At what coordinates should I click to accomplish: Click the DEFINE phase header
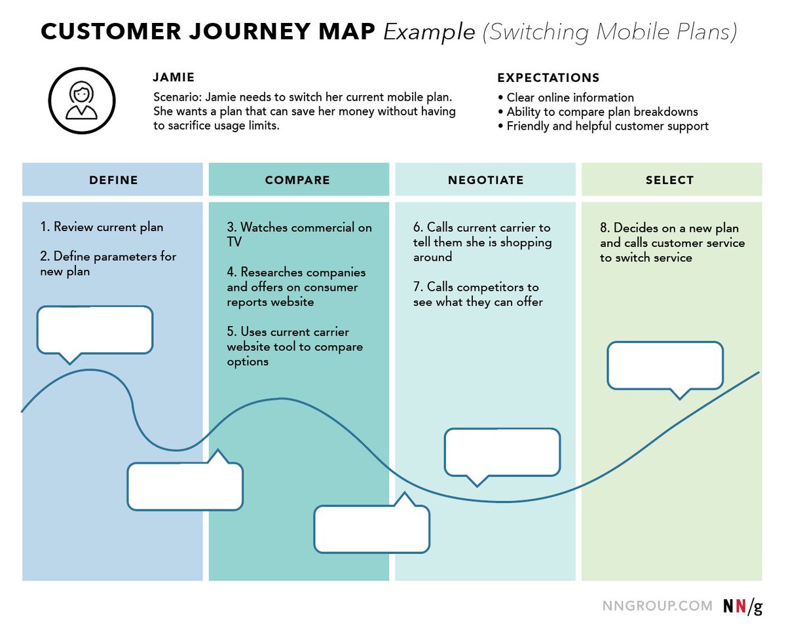[x=113, y=180]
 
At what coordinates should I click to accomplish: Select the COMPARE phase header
[x=297, y=180]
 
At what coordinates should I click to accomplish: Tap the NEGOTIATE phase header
[x=485, y=180]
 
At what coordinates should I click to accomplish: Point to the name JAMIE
[x=173, y=78]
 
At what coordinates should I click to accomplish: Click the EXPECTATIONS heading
[x=548, y=78]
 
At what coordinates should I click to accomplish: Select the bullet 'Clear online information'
[x=570, y=98]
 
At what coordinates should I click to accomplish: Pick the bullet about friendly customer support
[x=607, y=126]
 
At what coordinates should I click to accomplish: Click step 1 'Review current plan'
[x=102, y=227]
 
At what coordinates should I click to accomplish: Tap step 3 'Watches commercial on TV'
[x=299, y=235]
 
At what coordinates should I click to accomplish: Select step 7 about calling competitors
[x=477, y=295]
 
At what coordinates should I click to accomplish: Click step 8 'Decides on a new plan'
[x=672, y=243]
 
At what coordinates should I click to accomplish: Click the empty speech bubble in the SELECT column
[x=665, y=365]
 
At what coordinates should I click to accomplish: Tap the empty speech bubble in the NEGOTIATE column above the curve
[x=502, y=452]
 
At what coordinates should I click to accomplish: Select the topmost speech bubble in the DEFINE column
[x=95, y=330]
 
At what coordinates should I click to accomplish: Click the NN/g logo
[x=742, y=606]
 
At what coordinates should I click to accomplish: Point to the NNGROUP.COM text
[x=657, y=606]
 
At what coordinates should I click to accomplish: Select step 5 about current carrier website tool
[x=295, y=347]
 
